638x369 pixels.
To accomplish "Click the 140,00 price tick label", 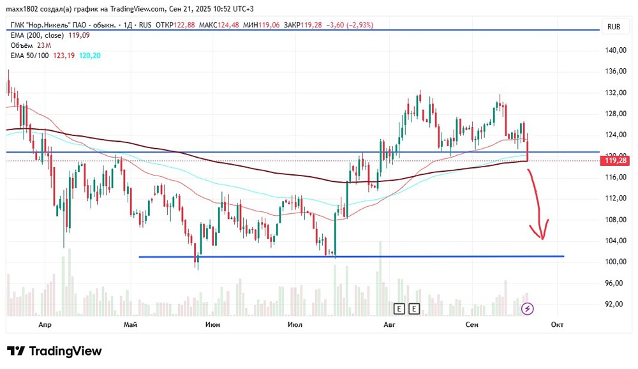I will click(615, 50).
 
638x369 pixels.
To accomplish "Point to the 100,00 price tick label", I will click(615, 262).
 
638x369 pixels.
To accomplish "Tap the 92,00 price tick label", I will click(615, 304).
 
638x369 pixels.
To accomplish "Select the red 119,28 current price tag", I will click(615, 161).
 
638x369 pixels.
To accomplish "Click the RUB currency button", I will click(614, 26).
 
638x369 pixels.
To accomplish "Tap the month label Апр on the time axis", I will click(45, 325).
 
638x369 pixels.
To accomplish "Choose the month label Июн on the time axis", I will click(213, 325).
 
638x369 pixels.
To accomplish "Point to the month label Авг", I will click(389, 325).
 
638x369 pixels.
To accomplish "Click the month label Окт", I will click(557, 325).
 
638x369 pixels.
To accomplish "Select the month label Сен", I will click(472, 325).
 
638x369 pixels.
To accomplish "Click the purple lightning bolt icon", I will click(528, 309).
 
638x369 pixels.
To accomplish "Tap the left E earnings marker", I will click(399, 309).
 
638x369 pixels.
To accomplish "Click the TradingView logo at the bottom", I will click(54, 351).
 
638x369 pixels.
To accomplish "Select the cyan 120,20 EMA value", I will click(89, 56).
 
